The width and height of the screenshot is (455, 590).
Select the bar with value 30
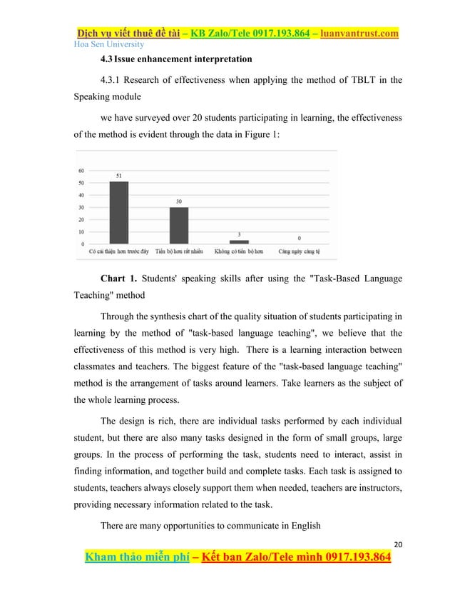click(179, 225)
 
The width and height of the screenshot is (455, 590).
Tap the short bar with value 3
click(240, 242)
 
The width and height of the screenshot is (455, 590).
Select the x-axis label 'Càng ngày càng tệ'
click(298, 251)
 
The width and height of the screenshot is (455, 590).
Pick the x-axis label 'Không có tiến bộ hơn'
click(239, 251)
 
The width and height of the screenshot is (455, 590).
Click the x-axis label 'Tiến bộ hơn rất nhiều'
click(179, 251)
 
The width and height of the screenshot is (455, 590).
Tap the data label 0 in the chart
click(299, 239)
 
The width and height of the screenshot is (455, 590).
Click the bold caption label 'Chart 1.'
click(121, 277)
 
